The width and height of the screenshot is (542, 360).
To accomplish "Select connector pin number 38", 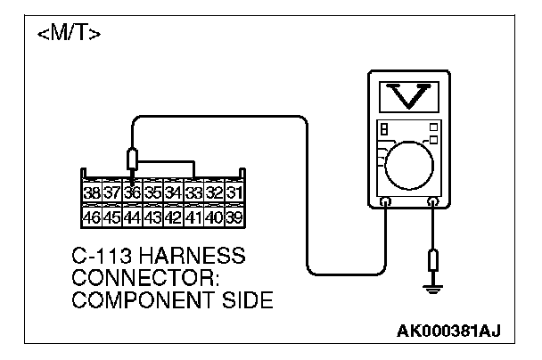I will tap(91, 193).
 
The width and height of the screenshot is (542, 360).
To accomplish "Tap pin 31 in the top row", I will tap(234, 193).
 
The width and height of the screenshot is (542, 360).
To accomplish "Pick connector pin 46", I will tap(91, 217).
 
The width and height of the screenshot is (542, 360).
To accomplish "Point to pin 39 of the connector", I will tap(234, 217).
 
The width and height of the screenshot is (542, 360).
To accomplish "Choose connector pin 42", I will tap(173, 217).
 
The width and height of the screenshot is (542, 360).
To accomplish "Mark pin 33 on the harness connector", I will tap(193, 193).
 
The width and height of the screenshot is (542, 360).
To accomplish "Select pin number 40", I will tap(214, 217).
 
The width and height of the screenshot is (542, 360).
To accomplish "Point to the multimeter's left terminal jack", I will tap(385, 203).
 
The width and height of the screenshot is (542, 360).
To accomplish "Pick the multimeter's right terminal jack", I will tap(433, 203).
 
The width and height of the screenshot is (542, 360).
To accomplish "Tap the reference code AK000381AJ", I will tap(449, 331).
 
